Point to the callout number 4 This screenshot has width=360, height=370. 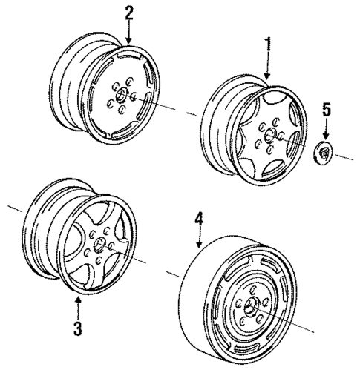[198, 219]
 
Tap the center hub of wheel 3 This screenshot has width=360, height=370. [98, 245]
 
